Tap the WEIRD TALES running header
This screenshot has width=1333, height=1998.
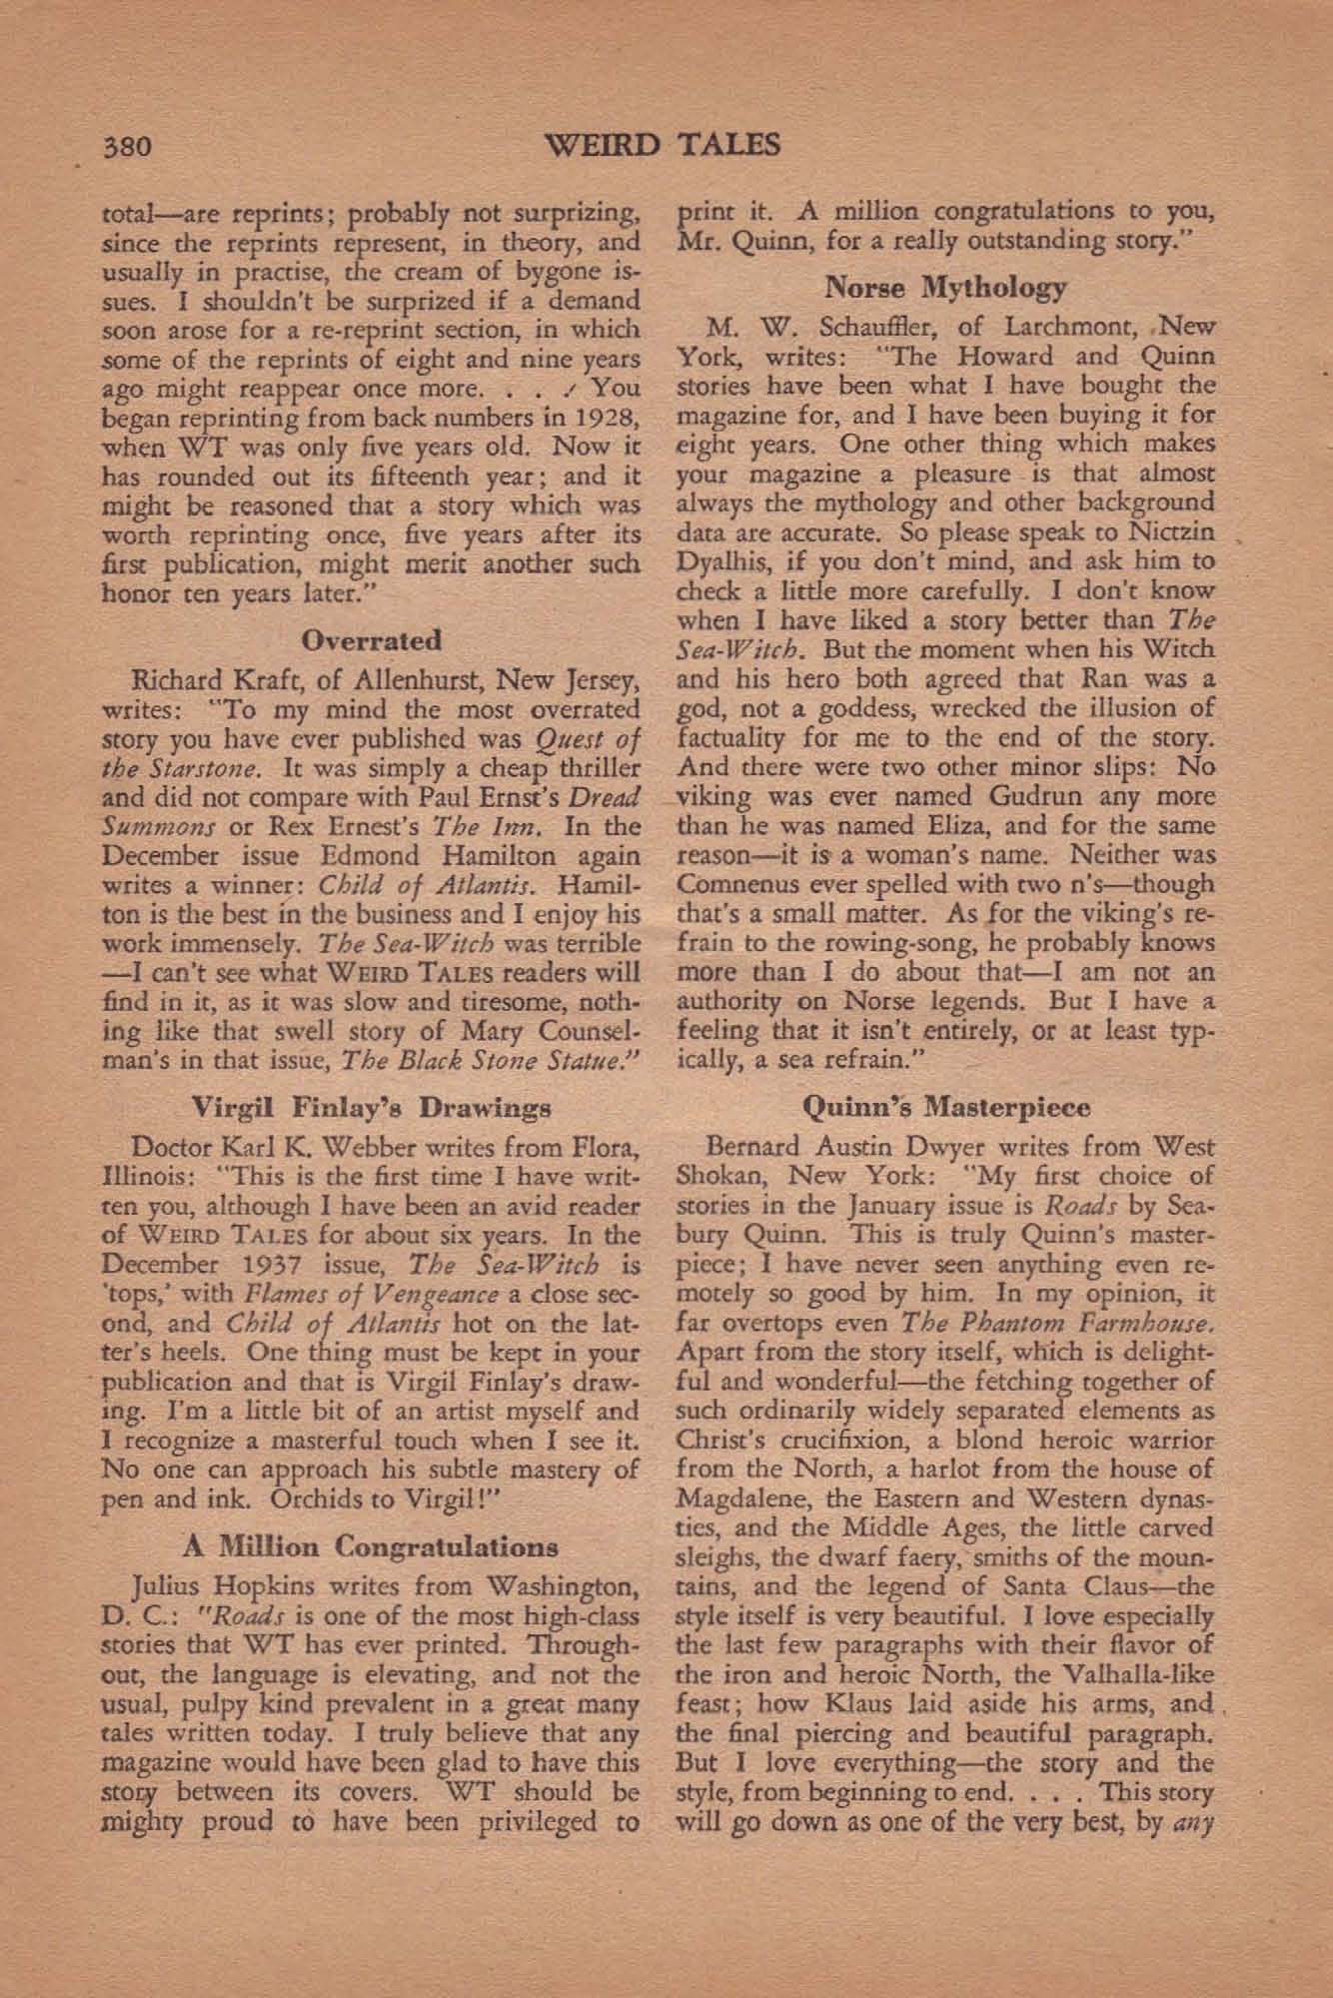coord(666,146)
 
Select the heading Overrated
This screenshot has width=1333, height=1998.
coord(371,639)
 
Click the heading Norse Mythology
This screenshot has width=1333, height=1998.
coord(945,289)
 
